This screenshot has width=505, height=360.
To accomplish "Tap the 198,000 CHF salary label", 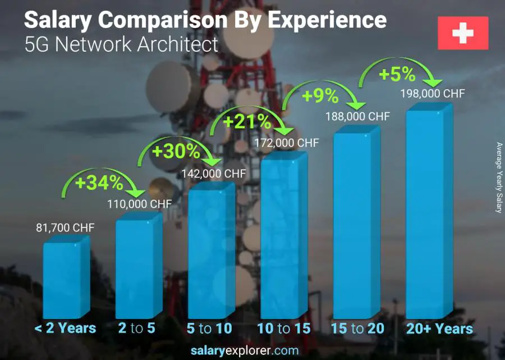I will [x=432, y=94].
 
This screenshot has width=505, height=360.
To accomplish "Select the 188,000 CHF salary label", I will [x=357, y=116].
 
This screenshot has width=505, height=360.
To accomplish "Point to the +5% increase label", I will [x=396, y=74].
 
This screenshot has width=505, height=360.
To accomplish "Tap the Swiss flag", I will [x=463, y=33].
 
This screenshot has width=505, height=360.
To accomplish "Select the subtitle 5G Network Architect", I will [x=121, y=44].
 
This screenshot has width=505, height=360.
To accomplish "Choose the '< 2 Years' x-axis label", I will [x=65, y=329].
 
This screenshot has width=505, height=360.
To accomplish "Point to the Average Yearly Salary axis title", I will [x=498, y=177].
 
